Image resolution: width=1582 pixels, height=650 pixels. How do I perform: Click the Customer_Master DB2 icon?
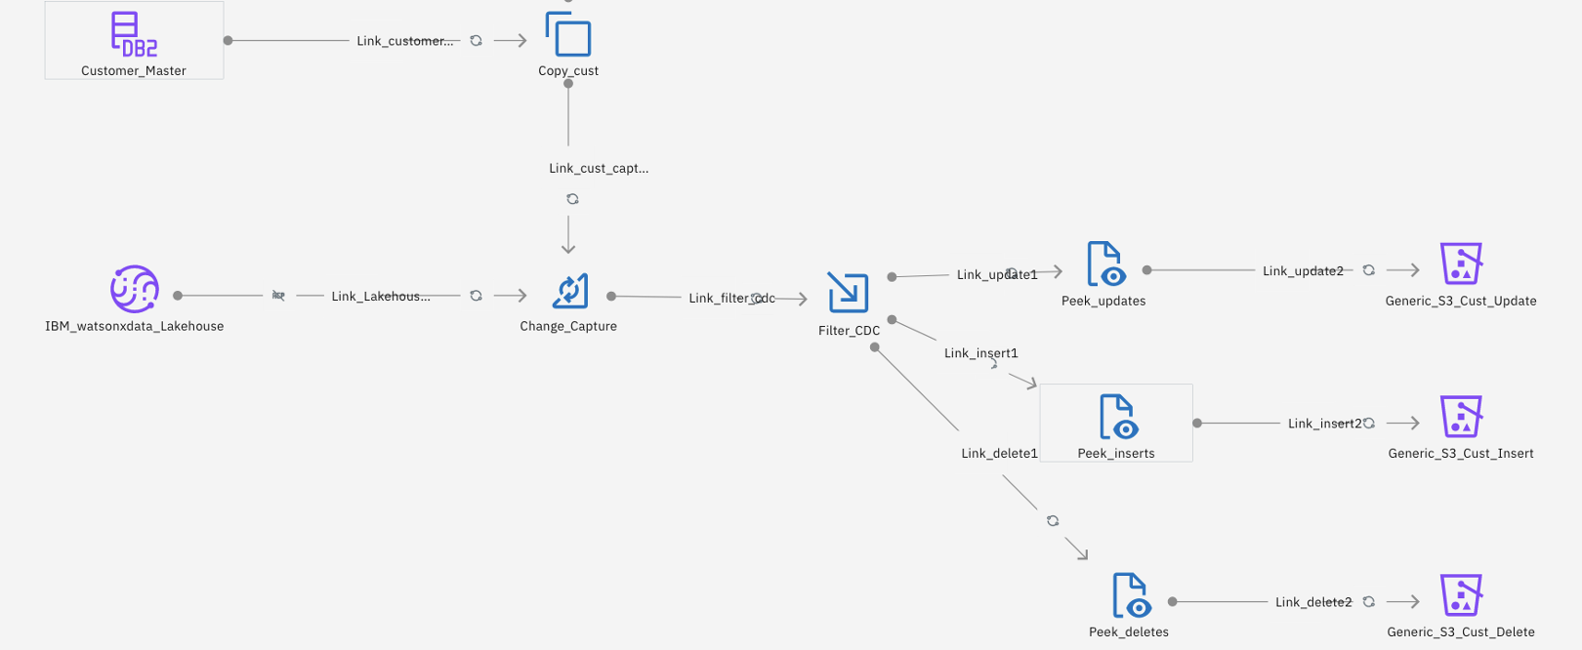point(134,34)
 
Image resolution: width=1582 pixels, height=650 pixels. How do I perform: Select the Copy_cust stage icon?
point(568,36)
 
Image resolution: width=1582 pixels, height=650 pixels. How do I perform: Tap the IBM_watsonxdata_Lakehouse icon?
point(134,289)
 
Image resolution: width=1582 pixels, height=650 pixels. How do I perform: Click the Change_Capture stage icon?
point(568,291)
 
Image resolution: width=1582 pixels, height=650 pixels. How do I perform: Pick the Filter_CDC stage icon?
point(848,293)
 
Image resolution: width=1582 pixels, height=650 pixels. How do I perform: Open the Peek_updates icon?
point(1104,264)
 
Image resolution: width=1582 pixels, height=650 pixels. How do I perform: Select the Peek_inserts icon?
point(1116,417)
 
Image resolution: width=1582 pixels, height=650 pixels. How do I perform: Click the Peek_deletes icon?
point(1130,595)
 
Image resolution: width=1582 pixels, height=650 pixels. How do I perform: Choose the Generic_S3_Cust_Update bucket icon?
point(1461,264)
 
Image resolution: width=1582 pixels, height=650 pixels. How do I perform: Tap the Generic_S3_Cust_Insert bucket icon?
point(1461,417)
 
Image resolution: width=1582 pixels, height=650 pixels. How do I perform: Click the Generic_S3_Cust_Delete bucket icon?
point(1461,595)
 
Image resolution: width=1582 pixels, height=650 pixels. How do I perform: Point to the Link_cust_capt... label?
point(598,168)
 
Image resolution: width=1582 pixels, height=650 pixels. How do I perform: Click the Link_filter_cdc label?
point(731,298)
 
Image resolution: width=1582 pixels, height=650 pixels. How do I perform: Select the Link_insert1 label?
point(980,353)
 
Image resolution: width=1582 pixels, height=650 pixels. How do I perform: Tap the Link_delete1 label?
point(999,453)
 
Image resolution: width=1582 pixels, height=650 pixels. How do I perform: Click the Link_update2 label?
point(1303,270)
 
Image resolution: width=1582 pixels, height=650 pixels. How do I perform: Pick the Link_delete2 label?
point(1313,602)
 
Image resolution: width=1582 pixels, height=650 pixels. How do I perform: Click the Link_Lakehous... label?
point(380,296)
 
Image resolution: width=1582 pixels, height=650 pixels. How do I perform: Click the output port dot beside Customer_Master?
point(228,40)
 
